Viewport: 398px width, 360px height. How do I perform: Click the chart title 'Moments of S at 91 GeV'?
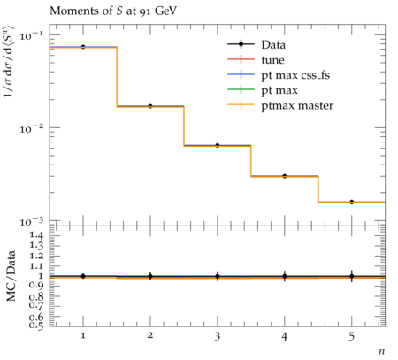[x=113, y=11]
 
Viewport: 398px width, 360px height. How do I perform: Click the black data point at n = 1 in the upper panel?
[x=83, y=47]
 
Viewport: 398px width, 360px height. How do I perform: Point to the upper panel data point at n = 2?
[x=150, y=106]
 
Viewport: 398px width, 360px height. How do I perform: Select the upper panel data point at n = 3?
[x=218, y=145]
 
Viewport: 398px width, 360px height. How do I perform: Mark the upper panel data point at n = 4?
[x=285, y=176]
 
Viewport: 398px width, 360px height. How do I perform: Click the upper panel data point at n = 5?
[x=352, y=202]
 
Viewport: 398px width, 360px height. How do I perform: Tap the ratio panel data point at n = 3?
[x=218, y=276]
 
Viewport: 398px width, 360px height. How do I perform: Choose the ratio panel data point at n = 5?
[x=352, y=276]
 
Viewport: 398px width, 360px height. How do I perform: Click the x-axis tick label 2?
[x=150, y=335]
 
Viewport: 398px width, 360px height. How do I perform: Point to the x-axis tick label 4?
[x=285, y=335]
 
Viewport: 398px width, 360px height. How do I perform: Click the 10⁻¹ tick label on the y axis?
[x=32, y=36]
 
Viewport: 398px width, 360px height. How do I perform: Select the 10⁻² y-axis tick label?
[x=32, y=129]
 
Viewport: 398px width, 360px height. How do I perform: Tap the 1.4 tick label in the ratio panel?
[x=36, y=235]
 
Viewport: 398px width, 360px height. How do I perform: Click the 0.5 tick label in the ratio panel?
[x=36, y=326]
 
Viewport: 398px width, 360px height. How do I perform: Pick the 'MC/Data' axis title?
[x=11, y=276]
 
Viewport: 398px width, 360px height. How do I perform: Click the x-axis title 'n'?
[x=382, y=351]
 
